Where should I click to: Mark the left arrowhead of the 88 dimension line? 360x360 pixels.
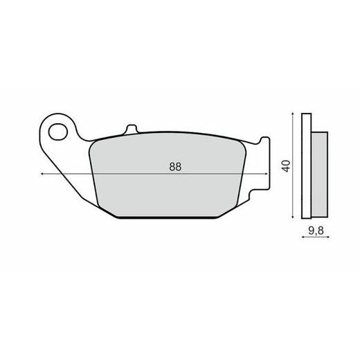(x=43, y=174)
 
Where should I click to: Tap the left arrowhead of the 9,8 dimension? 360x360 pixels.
(x=303, y=240)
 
